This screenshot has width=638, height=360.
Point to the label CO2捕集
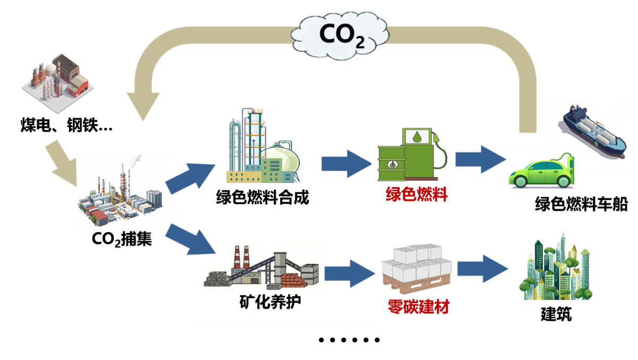[x=122, y=239]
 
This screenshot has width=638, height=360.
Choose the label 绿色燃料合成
[x=262, y=198]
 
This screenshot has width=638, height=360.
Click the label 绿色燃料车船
[x=581, y=204]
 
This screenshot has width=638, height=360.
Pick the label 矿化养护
[x=270, y=302]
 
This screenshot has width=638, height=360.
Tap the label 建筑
[x=556, y=314]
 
